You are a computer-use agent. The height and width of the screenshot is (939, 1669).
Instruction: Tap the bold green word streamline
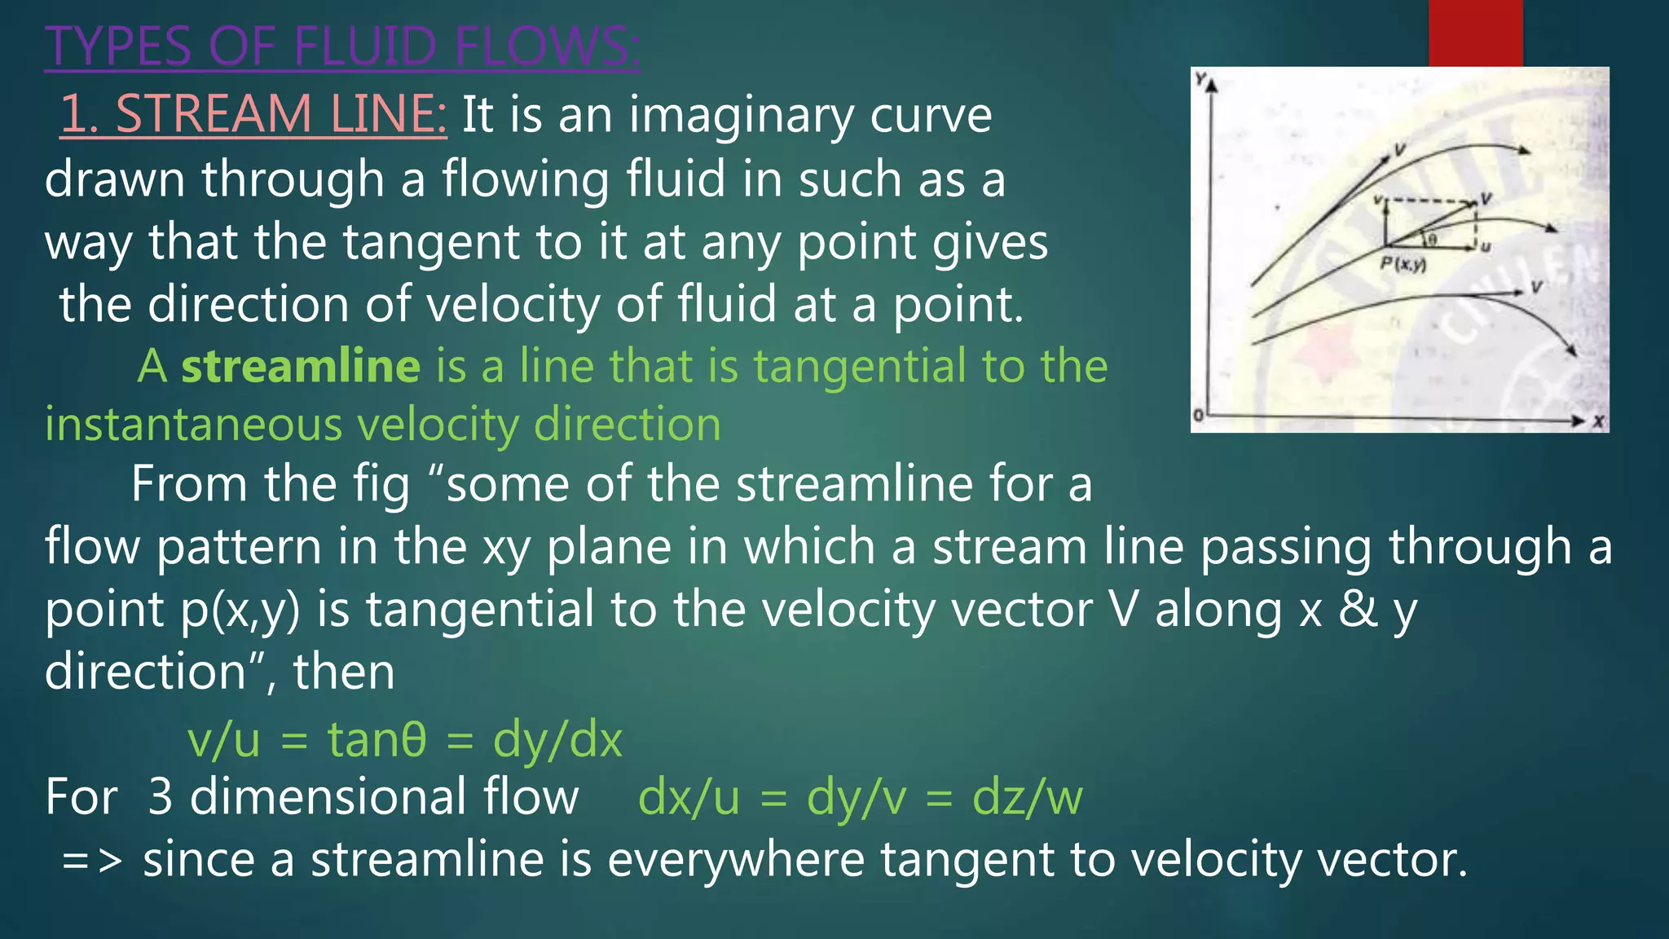tap(301, 366)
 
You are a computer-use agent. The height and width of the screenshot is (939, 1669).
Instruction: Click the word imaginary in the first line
tap(741, 115)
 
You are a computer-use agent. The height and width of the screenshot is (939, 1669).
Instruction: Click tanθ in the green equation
tap(377, 740)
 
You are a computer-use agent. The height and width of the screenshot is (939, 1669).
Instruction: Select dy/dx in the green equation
tap(557, 740)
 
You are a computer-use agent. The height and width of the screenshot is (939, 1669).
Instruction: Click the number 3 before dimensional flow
tap(161, 797)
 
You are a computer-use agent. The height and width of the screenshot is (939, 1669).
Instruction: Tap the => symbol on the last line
tap(92, 861)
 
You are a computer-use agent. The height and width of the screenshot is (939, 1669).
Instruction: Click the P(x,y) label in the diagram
tap(1403, 264)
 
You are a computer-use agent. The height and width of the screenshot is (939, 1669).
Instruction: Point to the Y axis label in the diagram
tap(1200, 79)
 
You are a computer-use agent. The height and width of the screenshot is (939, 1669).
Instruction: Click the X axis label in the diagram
tap(1599, 421)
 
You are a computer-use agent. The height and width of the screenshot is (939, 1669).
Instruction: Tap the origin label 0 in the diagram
tap(1198, 416)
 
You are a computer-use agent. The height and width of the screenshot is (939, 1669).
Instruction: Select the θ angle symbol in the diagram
tap(1432, 238)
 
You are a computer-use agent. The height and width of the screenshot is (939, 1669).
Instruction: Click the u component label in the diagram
tap(1485, 246)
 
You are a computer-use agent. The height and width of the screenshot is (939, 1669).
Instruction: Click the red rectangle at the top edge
tap(1475, 33)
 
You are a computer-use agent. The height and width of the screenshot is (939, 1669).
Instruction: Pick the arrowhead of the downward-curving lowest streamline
tap(1572, 351)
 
